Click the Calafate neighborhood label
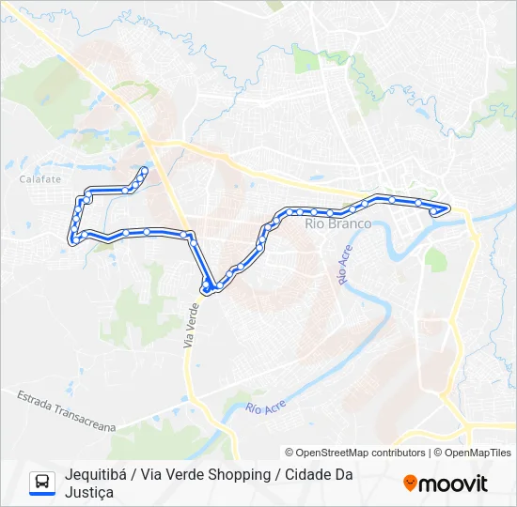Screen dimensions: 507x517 click(39, 179)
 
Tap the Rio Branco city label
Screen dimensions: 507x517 click(337, 223)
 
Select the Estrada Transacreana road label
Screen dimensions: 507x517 click(65, 410)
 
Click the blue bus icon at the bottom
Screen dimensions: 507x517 click(42, 483)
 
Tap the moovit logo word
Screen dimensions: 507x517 click(454, 484)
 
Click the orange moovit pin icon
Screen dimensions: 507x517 click(410, 484)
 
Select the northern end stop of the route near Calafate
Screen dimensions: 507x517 click(144, 170)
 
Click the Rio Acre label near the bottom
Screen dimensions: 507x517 click(264, 407)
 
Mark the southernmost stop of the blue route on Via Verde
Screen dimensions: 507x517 click(206, 289)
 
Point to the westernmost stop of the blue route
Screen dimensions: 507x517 click(72, 240)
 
